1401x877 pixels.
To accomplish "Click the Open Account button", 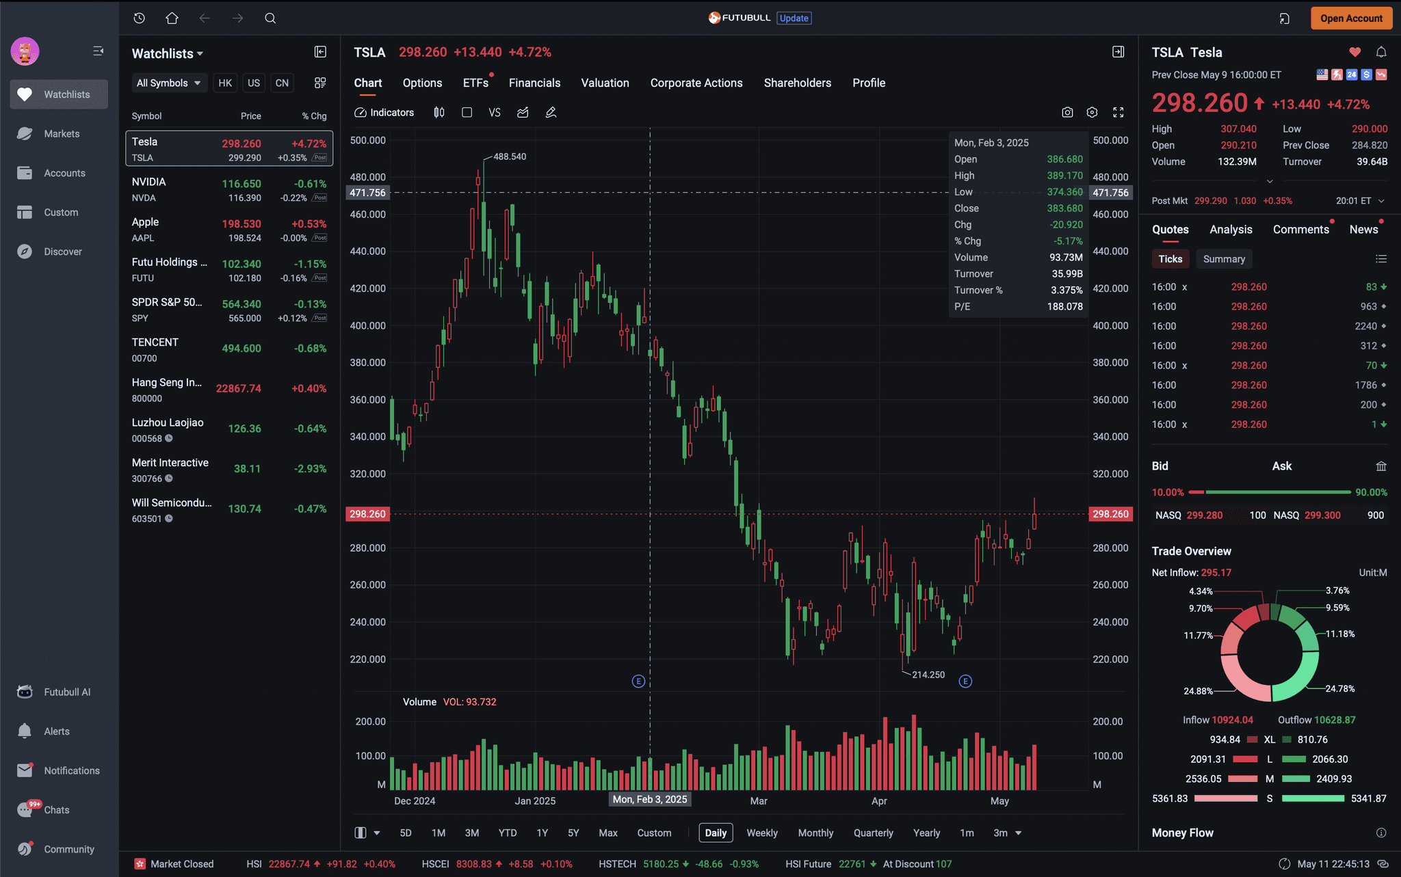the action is point(1351,18).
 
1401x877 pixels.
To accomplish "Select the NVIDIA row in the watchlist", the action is point(229,189).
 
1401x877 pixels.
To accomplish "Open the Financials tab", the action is point(534,83).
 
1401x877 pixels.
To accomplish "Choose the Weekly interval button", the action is point(762,833).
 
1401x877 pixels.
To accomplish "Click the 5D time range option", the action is point(406,833).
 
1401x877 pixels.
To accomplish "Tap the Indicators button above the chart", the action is point(384,113).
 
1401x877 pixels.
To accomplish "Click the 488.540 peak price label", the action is point(510,157).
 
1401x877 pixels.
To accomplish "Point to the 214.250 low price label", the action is point(928,675).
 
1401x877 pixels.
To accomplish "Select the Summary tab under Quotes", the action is point(1224,259).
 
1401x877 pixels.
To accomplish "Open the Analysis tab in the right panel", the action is point(1231,230).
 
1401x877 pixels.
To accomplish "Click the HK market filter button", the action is point(225,83).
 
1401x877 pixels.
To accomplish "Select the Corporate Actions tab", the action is point(696,83).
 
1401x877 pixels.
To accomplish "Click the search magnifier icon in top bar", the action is point(270,18).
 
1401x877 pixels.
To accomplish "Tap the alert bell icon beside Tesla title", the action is point(1381,52).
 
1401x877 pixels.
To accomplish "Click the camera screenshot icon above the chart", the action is point(1067,112).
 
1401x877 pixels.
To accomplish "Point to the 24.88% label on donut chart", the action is point(1198,691).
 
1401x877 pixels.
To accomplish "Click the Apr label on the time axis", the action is point(879,801).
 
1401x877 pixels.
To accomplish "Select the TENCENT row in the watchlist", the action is point(229,349).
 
